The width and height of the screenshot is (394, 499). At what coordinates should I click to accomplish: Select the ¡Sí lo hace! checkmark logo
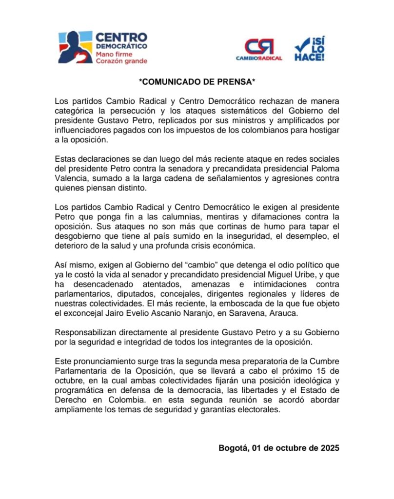pyautogui.click(x=310, y=47)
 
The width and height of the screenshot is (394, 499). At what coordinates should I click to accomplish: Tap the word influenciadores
pyautogui.click(x=82, y=131)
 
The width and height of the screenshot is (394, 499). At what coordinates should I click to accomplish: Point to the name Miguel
pyautogui.click(x=270, y=276)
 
